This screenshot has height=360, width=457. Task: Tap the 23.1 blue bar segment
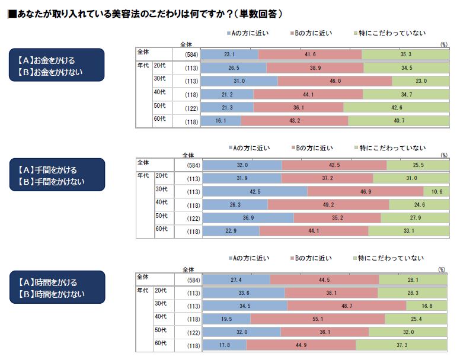pos(229,54)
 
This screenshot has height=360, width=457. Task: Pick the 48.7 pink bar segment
pos(347,306)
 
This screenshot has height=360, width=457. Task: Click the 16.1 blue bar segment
pos(221,121)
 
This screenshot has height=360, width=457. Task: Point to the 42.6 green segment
pos(396,107)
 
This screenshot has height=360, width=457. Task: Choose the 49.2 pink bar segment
pos(328,205)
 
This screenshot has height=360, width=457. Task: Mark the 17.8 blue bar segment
pos(224,345)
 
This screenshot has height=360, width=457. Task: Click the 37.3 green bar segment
pos(402,345)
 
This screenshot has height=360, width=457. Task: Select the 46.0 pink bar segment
pos(334,81)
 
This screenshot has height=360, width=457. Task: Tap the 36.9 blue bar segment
pos(248,217)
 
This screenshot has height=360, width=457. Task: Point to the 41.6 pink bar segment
pos(309,54)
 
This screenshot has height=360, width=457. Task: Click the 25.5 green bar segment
pos(417,165)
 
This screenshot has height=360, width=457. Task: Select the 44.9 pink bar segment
pos(301,345)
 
